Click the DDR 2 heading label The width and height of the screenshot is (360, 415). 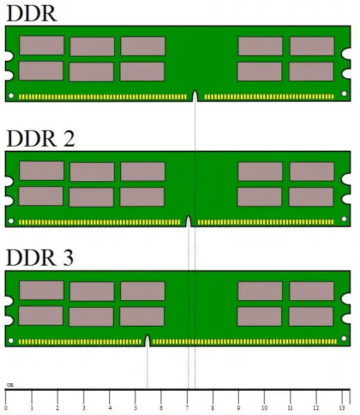(x=40, y=138)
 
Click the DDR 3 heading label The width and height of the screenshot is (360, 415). (x=39, y=257)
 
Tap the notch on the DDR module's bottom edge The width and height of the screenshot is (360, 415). (x=195, y=96)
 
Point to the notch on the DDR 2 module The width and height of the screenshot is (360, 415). (x=188, y=221)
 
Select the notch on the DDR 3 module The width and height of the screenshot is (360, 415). (x=147, y=340)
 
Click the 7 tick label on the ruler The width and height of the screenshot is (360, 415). (x=188, y=408)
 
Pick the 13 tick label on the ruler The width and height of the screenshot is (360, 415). (x=342, y=407)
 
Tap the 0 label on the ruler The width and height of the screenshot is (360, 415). (x=6, y=408)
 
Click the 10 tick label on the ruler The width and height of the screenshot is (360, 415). (x=264, y=407)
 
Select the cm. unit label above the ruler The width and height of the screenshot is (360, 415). (x=10, y=385)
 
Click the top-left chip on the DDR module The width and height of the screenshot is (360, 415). (x=42, y=46)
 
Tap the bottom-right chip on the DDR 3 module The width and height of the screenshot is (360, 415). (x=312, y=317)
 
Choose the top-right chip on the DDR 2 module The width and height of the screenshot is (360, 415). (x=312, y=172)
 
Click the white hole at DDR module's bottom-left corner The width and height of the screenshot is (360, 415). (x=11, y=95)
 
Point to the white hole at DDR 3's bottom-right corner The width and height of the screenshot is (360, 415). (x=344, y=338)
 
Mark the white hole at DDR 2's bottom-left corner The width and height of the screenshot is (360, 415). (x=11, y=221)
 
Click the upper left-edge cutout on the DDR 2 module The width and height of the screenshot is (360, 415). (x=9, y=181)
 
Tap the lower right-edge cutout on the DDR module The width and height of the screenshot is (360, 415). (x=346, y=74)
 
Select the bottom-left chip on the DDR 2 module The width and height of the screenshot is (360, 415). (x=41, y=196)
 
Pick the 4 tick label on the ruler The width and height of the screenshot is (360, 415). (x=110, y=408)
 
